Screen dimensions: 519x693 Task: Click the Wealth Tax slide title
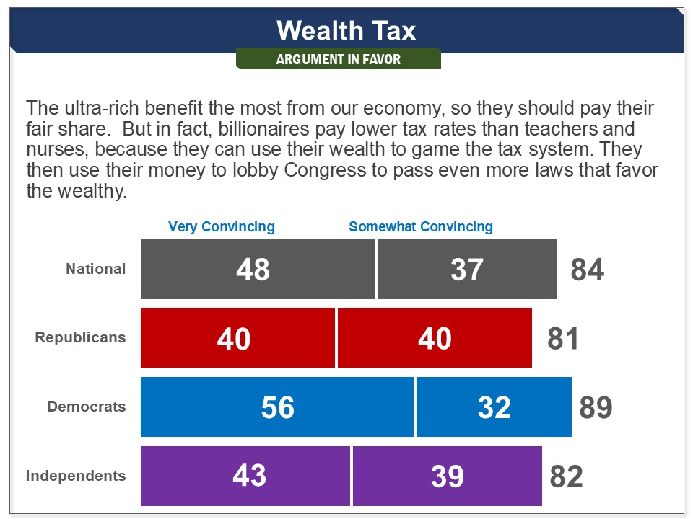[346, 31]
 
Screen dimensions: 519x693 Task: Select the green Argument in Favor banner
[338, 59]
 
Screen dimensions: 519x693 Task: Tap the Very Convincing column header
[222, 226]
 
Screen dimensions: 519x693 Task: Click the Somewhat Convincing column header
[421, 226]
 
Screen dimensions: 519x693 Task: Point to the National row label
[96, 269]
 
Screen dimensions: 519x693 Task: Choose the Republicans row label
[80, 337]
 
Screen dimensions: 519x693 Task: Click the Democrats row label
[87, 407]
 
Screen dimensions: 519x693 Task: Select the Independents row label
[76, 476]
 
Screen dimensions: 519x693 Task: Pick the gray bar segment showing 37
[466, 270]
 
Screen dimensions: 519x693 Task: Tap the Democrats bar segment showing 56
[277, 407]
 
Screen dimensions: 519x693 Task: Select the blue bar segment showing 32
[494, 407]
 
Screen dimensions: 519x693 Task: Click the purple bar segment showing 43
[245, 476]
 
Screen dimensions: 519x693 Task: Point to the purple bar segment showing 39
[447, 476]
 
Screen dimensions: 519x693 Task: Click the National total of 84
[587, 270]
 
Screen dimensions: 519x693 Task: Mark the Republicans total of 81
[563, 339]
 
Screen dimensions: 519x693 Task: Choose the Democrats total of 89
[596, 407]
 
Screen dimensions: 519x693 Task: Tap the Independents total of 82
[566, 476]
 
